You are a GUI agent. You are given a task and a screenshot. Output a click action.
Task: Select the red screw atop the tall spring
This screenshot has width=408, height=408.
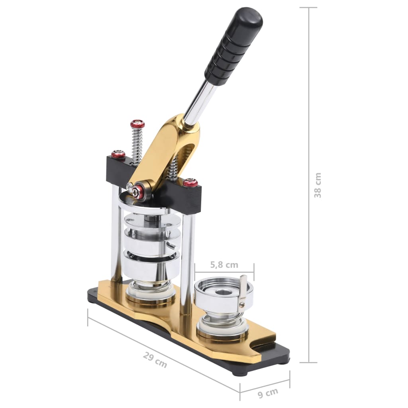(x=137, y=124)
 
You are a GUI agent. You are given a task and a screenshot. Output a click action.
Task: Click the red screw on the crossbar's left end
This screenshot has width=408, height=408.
(x=118, y=155)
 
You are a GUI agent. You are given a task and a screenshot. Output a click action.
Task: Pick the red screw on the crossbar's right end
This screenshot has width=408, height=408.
(x=190, y=183)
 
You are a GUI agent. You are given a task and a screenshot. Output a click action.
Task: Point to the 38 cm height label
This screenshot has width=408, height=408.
(x=318, y=185)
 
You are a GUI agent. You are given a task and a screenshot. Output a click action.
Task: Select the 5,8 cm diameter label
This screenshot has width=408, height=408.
(x=224, y=265)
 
